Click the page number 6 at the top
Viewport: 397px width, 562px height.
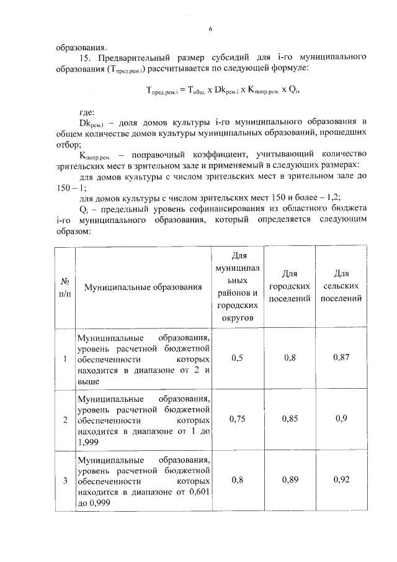point(210,29)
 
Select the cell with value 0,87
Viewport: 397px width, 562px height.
point(341,358)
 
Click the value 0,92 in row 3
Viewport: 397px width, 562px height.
point(341,480)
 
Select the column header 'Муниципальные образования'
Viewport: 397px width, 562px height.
point(143,288)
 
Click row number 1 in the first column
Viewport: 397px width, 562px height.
point(65,359)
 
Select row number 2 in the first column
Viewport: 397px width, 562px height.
point(65,420)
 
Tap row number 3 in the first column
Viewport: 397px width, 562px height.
point(65,481)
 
